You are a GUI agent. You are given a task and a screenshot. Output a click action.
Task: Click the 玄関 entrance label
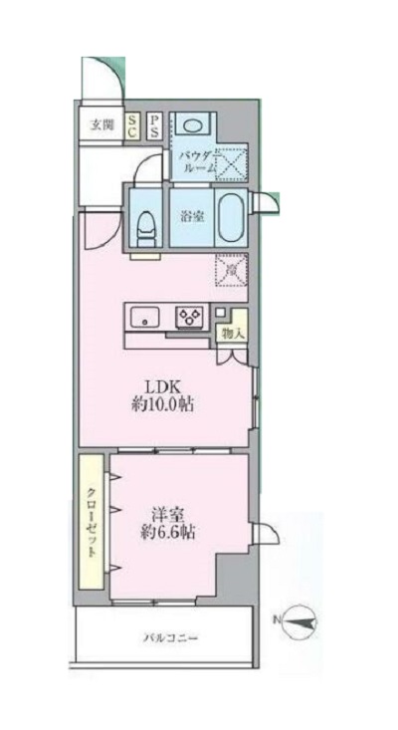[x=100, y=124]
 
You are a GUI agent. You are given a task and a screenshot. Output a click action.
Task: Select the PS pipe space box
[x=155, y=125]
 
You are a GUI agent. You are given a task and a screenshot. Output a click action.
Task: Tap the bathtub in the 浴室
[x=230, y=216]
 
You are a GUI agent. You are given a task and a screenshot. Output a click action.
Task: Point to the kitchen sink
[x=145, y=319]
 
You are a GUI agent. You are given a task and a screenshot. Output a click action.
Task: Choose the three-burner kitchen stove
[x=190, y=318]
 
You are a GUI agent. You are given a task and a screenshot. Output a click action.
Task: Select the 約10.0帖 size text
[x=164, y=405]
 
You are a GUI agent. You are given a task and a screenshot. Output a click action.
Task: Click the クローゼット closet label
[x=92, y=520]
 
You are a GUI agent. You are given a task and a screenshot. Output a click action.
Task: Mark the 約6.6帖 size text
[x=166, y=534]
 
